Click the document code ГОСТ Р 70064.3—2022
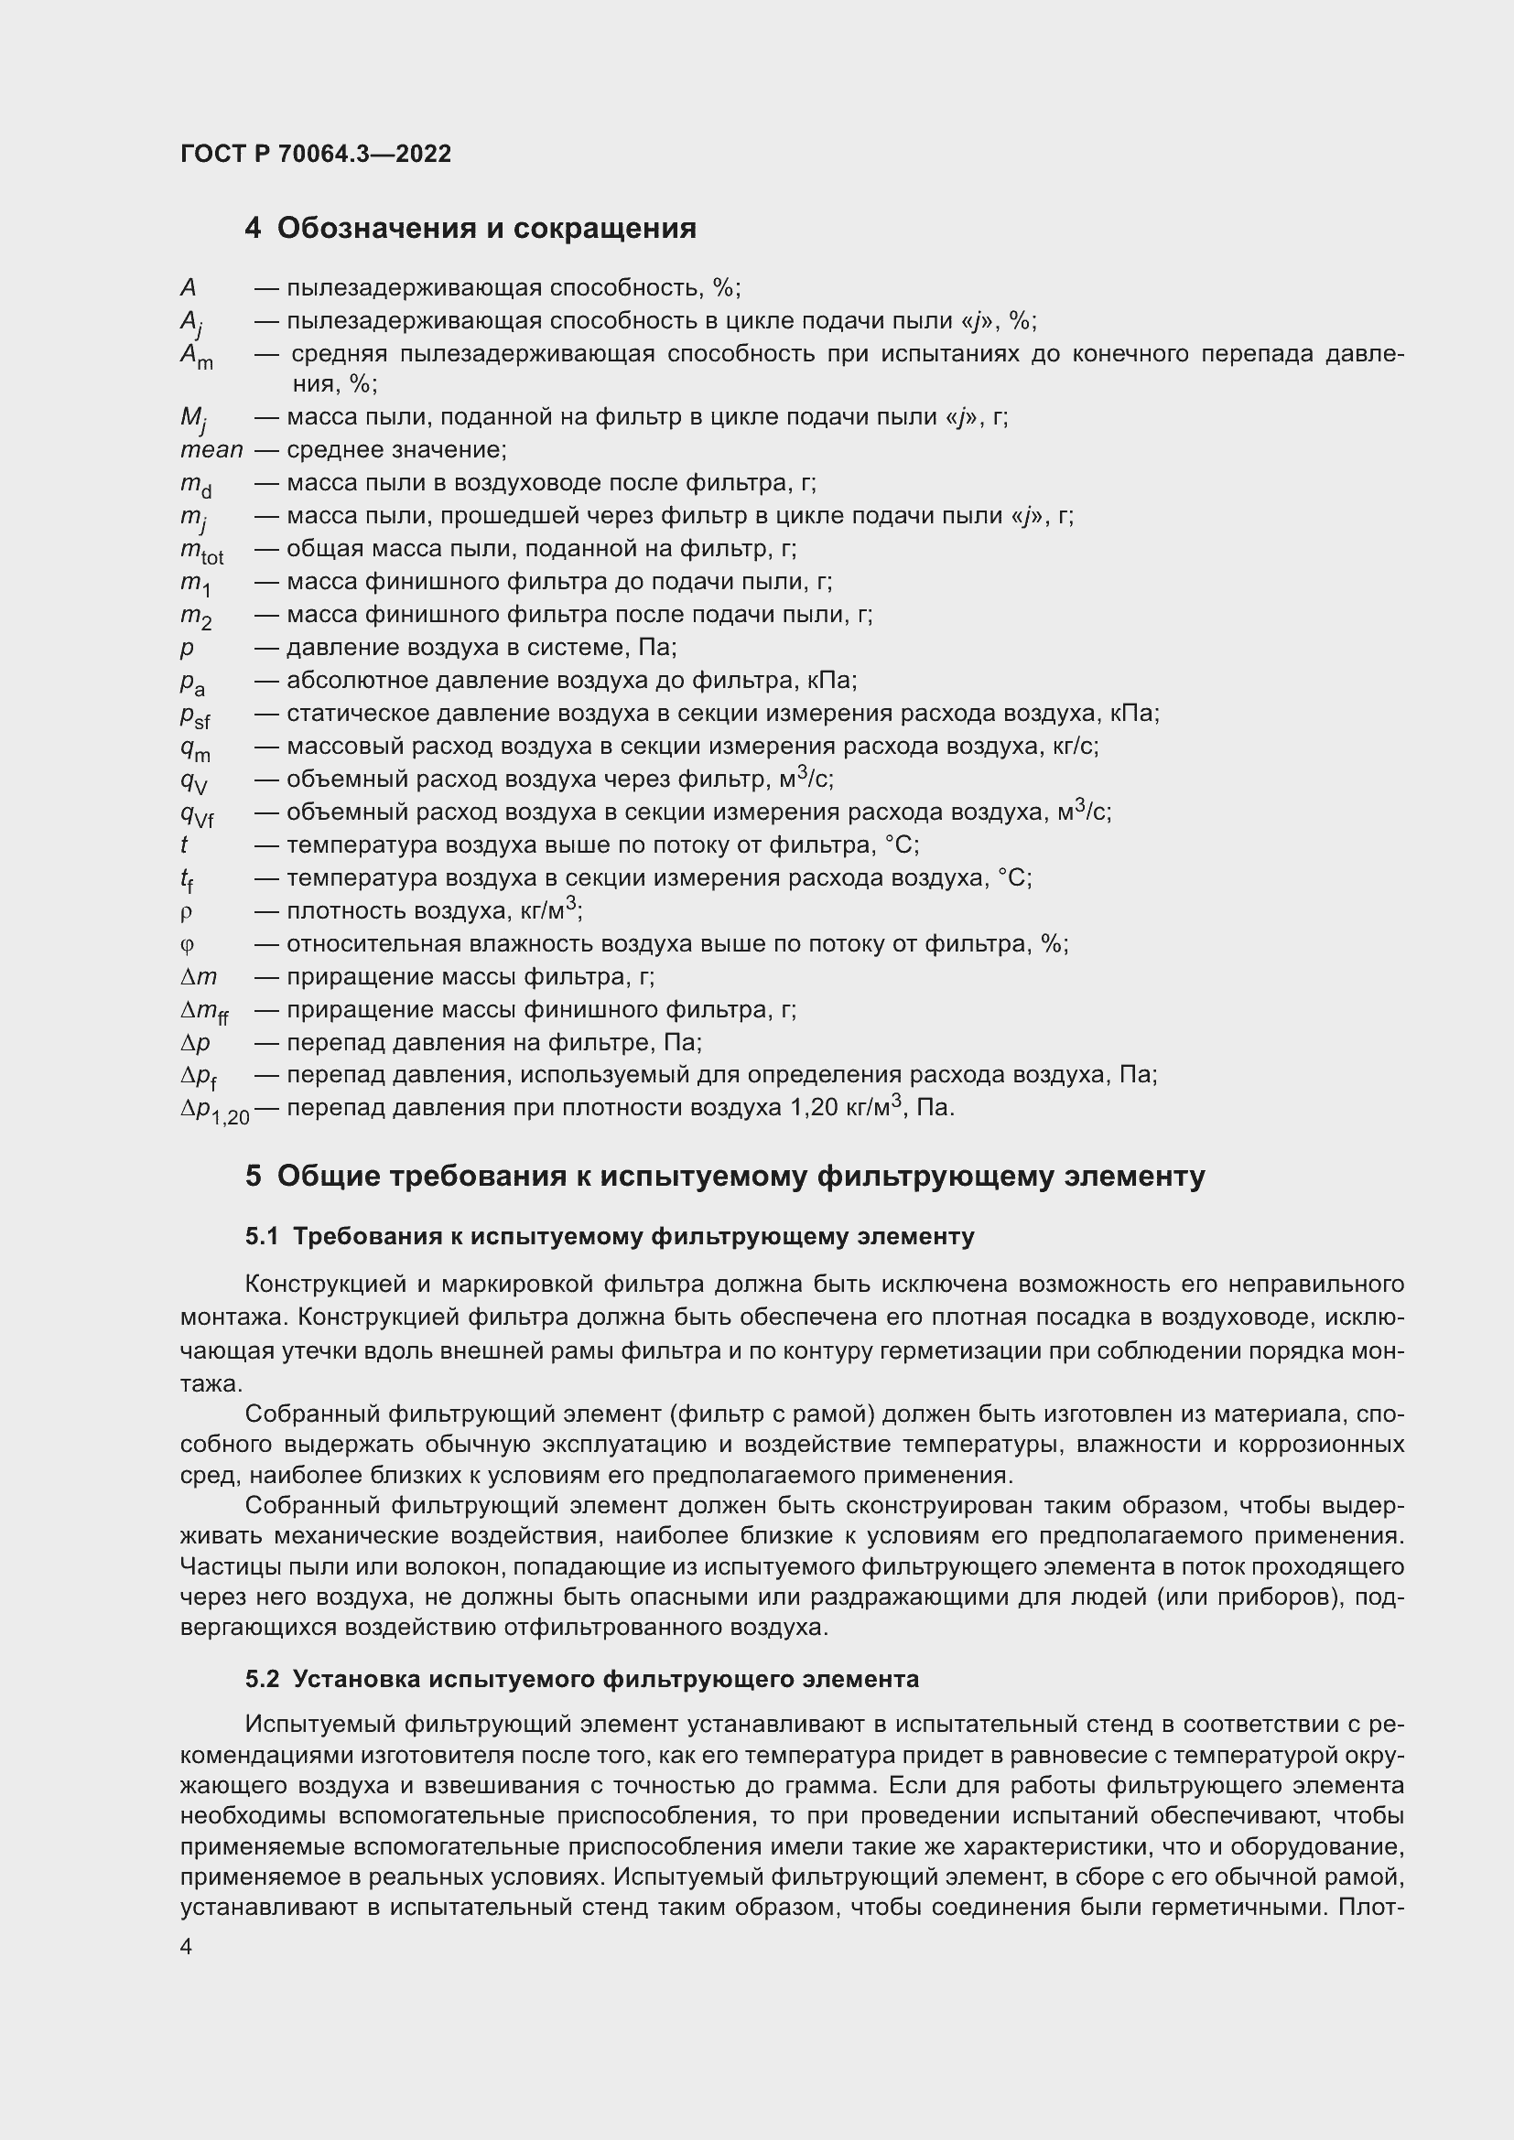[x=315, y=155]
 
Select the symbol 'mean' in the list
[x=211, y=451]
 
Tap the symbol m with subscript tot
[x=201, y=552]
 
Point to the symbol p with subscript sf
[x=195, y=715]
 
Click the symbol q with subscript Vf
[x=197, y=814]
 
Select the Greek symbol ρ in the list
[x=186, y=912]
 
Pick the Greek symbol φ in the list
[x=187, y=945]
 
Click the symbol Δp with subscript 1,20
[x=214, y=1110]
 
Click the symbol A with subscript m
[x=196, y=357]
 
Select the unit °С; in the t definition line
[x=902, y=845]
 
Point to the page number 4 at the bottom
[x=187, y=1947]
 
